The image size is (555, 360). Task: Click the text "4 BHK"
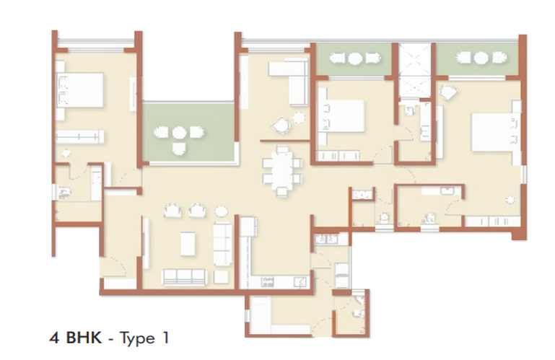(x=75, y=338)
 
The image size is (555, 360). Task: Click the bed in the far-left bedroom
(x=80, y=90)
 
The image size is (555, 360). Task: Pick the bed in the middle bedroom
(x=341, y=115)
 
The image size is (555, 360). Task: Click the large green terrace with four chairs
(x=188, y=133)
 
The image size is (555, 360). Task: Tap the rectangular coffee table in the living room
(x=188, y=243)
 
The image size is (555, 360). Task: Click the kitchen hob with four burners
(x=268, y=282)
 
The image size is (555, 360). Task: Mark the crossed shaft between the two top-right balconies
(x=415, y=71)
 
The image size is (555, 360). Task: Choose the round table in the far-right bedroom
(x=510, y=200)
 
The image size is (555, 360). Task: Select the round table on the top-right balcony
(x=481, y=58)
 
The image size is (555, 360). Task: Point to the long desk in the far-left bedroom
(x=80, y=136)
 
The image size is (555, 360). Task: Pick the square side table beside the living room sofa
(x=222, y=277)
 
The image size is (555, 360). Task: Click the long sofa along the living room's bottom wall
(x=184, y=277)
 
